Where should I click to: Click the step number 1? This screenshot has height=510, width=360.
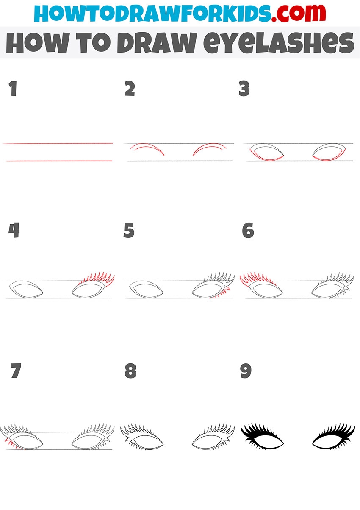click(13, 88)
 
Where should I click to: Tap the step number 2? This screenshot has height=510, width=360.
click(130, 88)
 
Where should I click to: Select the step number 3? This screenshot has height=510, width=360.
click(244, 88)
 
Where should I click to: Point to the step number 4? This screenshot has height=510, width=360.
click(14, 230)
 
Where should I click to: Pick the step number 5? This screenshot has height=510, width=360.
click(129, 230)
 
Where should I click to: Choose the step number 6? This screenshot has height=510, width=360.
click(248, 230)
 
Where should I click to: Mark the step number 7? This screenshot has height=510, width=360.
click(16, 371)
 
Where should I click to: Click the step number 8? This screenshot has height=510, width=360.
click(130, 371)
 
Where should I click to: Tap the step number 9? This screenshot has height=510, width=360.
click(246, 371)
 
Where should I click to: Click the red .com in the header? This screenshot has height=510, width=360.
click(298, 13)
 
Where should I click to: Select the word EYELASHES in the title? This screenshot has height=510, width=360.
click(279, 43)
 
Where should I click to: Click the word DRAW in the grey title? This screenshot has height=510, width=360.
click(156, 43)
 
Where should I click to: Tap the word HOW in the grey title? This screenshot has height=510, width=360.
click(37, 43)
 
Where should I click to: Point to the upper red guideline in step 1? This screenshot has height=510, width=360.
click(58, 143)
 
